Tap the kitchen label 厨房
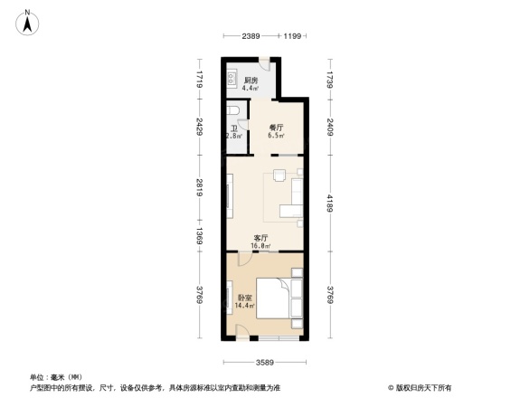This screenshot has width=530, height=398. (251, 81)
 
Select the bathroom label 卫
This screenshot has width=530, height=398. (233, 129)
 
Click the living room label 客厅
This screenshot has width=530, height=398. (261, 237)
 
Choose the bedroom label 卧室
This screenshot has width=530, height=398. (244, 298)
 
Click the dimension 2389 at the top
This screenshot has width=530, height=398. (251, 36)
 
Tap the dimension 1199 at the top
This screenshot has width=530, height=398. (291, 36)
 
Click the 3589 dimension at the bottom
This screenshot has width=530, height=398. (263, 363)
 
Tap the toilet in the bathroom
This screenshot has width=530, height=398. (235, 111)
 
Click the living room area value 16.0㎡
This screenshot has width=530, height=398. (261, 245)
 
